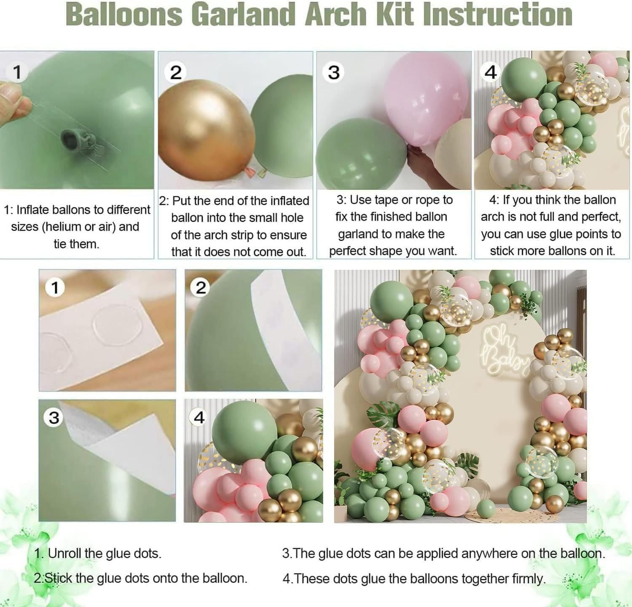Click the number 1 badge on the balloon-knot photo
click(x=17, y=72)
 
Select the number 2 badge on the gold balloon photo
click(x=176, y=73)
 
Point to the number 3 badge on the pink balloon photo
click(x=334, y=73)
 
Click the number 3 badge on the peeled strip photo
click(x=54, y=418)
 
